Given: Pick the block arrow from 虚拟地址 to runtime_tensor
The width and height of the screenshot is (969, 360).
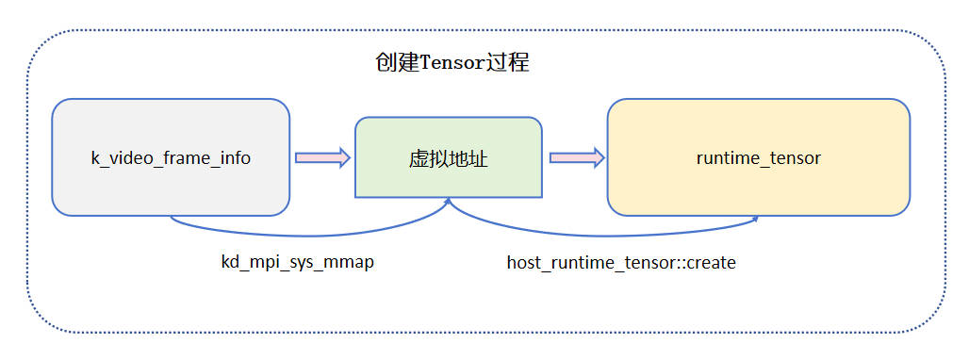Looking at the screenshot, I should pyautogui.click(x=576, y=158).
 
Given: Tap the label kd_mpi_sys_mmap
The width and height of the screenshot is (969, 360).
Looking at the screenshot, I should pyautogui.click(x=297, y=262).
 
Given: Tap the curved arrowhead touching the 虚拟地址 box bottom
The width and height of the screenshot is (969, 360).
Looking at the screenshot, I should pyautogui.click(x=448, y=202).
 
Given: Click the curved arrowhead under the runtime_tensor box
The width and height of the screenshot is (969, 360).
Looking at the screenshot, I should pyautogui.click(x=755, y=220).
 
